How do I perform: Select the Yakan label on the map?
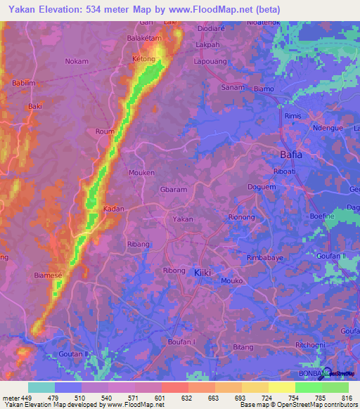click(x=183, y=219)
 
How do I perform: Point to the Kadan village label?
click(x=114, y=209)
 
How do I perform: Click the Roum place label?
click(x=104, y=131)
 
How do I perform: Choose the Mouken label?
click(x=141, y=172)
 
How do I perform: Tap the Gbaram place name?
click(x=173, y=190)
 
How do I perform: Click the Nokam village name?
click(x=77, y=61)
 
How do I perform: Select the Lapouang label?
click(x=209, y=60)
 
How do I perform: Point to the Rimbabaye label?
click(x=265, y=258)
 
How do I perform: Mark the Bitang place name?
click(x=243, y=347)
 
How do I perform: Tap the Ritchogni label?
click(x=310, y=345)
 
